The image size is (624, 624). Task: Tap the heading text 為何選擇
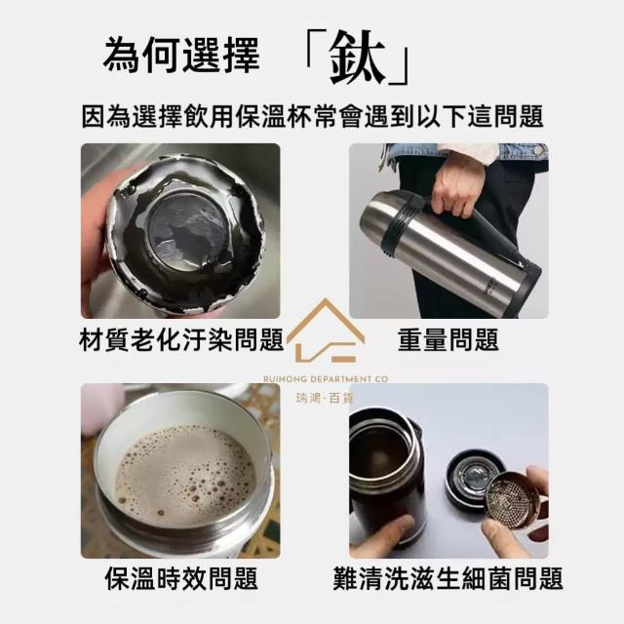pos(181,56)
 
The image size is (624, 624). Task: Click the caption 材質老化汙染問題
pos(181,340)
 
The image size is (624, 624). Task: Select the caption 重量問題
pos(448,340)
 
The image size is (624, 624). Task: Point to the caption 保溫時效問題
pos(181,578)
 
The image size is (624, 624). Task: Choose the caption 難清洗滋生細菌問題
pos(448,578)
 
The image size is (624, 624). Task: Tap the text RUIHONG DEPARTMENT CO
pos(326,379)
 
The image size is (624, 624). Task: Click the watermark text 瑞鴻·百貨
pos(325,398)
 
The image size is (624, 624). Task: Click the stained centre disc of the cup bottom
pos(188,231)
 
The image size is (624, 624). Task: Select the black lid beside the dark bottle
pos(474,479)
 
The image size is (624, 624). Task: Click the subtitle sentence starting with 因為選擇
pos(313,116)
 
